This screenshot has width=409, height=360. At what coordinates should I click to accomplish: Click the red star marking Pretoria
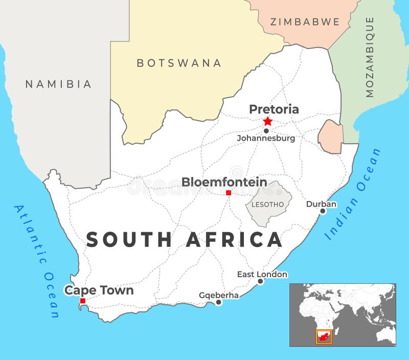point(268,121)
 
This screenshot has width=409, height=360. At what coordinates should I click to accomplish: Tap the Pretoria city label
point(274,109)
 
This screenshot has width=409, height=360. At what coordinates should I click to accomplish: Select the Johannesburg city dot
point(266,131)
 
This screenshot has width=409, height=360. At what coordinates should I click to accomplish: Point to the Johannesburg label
point(266,139)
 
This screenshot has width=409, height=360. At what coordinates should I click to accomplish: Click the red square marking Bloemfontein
point(229,193)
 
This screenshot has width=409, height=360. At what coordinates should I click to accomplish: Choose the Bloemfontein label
point(224,182)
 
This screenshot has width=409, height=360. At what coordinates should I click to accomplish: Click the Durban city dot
point(323,211)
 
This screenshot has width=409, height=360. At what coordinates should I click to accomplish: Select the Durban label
point(321,204)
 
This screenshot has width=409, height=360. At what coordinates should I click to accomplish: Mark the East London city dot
point(260,281)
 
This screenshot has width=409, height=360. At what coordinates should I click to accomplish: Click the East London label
point(262,275)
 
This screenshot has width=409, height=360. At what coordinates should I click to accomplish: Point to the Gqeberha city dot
point(219,302)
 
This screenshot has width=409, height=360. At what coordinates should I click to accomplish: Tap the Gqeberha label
point(218,296)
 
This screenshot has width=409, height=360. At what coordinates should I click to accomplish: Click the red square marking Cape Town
point(83,301)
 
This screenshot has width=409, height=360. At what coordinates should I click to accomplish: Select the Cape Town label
point(99,290)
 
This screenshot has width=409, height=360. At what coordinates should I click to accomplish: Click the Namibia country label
point(58,84)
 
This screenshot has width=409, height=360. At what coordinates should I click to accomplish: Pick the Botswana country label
point(179,63)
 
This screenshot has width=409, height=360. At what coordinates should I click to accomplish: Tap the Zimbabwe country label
point(305,22)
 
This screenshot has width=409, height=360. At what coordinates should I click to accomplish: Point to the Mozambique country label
point(370,56)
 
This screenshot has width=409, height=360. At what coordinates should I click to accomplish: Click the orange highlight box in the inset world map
point(323,336)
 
